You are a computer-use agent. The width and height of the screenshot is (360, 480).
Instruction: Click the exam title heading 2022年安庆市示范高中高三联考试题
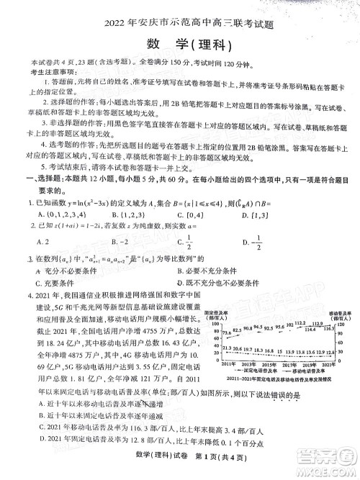pyautogui.click(x=180, y=10)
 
